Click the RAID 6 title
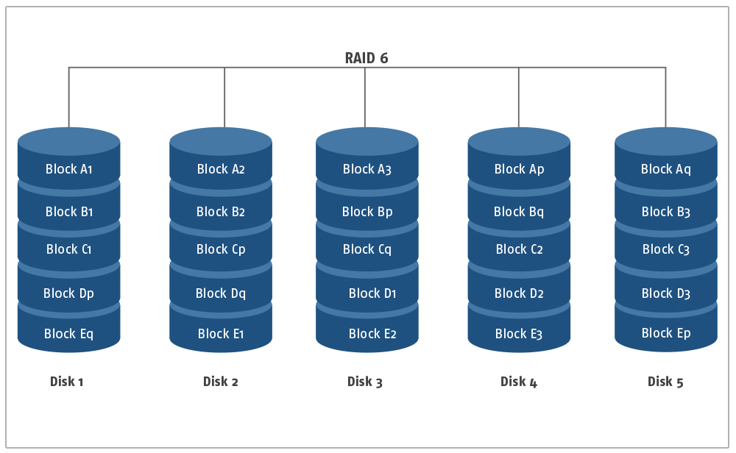pos(366,57)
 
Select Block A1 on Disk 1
pos(68,169)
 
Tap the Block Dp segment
pos(68,293)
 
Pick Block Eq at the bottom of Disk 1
pos(68,333)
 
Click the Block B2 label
pos(221,212)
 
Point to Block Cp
pos(221,249)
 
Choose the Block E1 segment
pos(221,333)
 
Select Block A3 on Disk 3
pos(367,169)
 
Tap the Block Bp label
pos(367,212)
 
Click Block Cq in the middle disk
pos(367,249)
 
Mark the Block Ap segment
pos(519,169)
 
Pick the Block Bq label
pos(519,212)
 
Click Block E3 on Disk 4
pos(519,333)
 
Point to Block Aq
pos(665,169)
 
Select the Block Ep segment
pos(666,333)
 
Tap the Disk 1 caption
pos(67,381)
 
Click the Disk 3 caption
pos(365,381)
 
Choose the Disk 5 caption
pos(665,381)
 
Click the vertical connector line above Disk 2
pos(224,98)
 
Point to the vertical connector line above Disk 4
pos(519,98)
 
